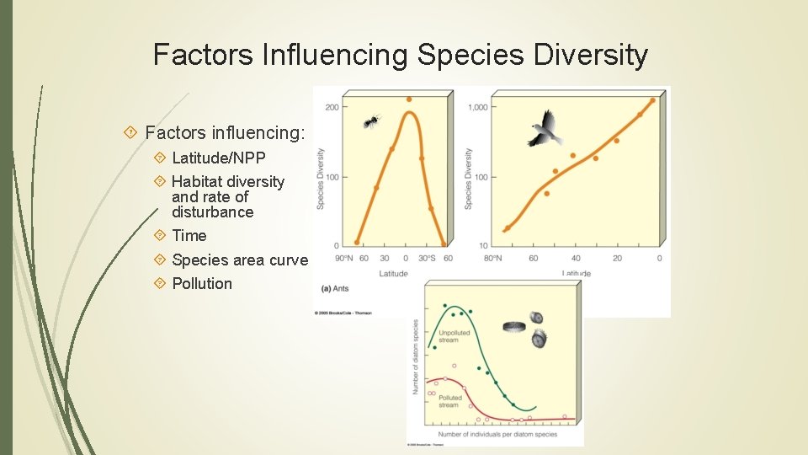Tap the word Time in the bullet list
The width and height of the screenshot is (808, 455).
tap(189, 236)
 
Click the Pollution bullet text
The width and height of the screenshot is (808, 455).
tap(201, 283)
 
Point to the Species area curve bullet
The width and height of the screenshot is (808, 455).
tap(239, 260)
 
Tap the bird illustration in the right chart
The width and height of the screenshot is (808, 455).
tap(545, 129)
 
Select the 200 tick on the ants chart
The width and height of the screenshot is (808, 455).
tap(332, 107)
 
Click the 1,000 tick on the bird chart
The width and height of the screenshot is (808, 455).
tap(477, 107)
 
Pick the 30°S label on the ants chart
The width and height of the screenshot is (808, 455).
tap(428, 258)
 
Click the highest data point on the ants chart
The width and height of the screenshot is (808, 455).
tap(409, 99)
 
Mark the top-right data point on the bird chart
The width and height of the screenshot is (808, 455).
tap(652, 101)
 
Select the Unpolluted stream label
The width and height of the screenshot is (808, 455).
tap(449, 336)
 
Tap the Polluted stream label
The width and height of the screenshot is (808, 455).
tap(449, 401)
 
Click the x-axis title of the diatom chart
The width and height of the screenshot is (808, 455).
tap(495, 434)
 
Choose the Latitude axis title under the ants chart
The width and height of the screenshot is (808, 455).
tap(393, 274)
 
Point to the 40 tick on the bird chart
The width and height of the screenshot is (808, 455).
tap(575, 258)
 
